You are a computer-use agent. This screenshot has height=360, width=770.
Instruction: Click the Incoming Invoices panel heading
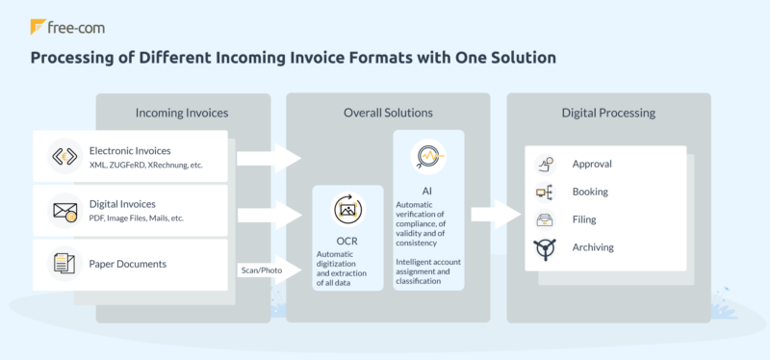182,114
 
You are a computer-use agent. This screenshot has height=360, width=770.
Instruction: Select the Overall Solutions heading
388,114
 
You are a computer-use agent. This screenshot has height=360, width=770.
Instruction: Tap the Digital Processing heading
608,114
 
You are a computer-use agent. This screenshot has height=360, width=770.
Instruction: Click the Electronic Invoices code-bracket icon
65,157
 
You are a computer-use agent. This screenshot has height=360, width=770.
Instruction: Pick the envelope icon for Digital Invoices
65,209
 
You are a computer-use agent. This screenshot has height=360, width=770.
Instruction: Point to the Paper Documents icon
65,262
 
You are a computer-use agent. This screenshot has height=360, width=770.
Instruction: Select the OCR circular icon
346,209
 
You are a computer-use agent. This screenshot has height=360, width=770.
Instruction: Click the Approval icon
544,164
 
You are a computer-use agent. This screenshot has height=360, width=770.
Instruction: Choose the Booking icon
544,193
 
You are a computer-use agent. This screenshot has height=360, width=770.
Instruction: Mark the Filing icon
544,219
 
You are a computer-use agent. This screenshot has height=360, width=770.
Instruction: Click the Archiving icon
544,248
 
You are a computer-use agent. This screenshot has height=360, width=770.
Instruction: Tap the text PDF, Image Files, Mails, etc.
136,219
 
